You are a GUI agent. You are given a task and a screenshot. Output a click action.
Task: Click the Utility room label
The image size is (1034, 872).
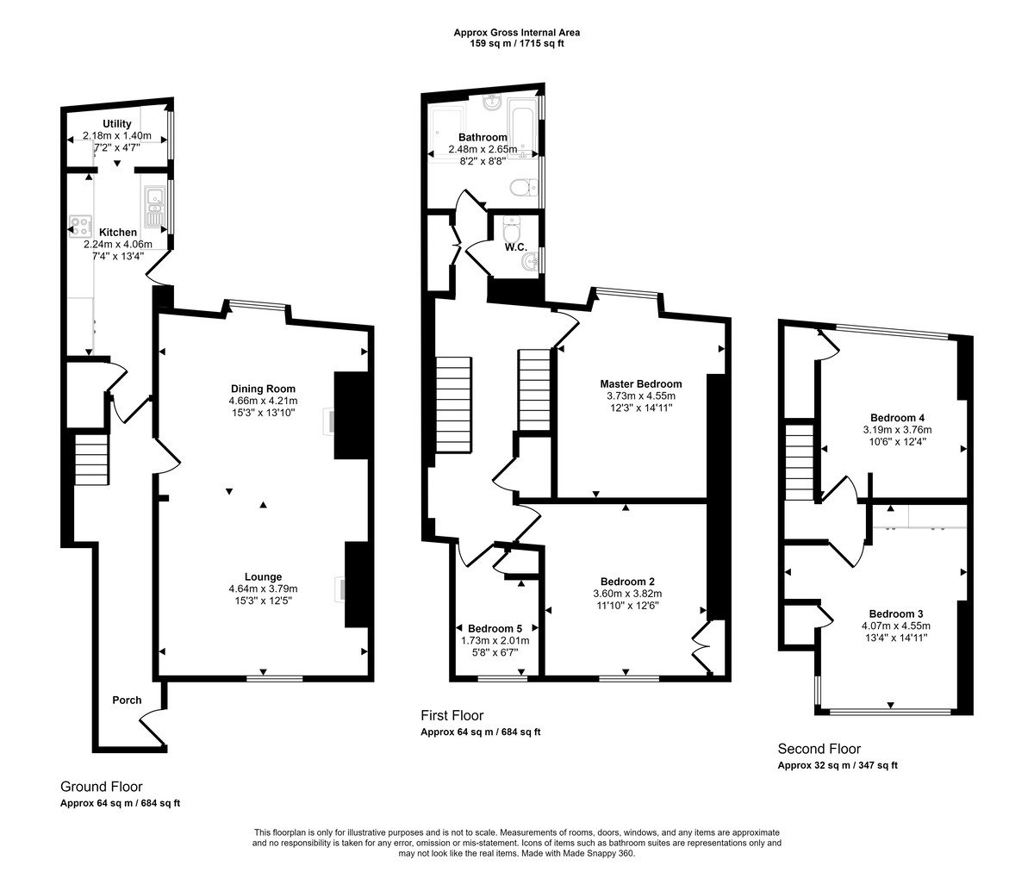[x=117, y=125]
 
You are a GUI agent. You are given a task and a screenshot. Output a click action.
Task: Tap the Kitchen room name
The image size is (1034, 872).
[x=117, y=233]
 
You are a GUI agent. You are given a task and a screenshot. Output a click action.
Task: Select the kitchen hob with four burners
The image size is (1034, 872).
[x=81, y=227]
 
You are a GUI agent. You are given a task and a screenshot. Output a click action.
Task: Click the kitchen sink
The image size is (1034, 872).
[x=154, y=206]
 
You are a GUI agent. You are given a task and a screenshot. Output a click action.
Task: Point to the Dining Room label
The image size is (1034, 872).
[x=263, y=389]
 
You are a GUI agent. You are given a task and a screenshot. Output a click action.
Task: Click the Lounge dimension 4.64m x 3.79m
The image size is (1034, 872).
[x=263, y=589]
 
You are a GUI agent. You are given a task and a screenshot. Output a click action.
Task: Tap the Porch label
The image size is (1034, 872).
[x=127, y=700]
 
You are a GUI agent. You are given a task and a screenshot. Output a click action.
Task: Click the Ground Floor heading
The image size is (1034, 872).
[x=101, y=787]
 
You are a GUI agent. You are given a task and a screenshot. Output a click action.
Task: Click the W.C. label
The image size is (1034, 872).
[x=516, y=248]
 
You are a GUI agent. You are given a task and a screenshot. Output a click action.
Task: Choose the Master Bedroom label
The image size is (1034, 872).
[x=640, y=384]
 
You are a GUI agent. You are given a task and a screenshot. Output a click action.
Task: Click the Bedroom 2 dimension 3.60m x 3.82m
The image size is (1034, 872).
[x=627, y=594]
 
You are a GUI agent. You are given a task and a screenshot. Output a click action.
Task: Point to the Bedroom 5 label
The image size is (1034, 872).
[x=495, y=629]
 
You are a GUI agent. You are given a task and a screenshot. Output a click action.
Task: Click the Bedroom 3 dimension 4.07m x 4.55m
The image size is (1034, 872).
[x=895, y=626]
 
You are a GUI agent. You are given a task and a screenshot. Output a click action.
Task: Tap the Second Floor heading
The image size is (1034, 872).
[x=819, y=750]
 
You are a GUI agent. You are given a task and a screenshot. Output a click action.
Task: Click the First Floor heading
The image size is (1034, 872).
[x=452, y=716]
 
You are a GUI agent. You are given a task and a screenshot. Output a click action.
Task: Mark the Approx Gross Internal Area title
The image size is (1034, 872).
[x=516, y=33]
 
